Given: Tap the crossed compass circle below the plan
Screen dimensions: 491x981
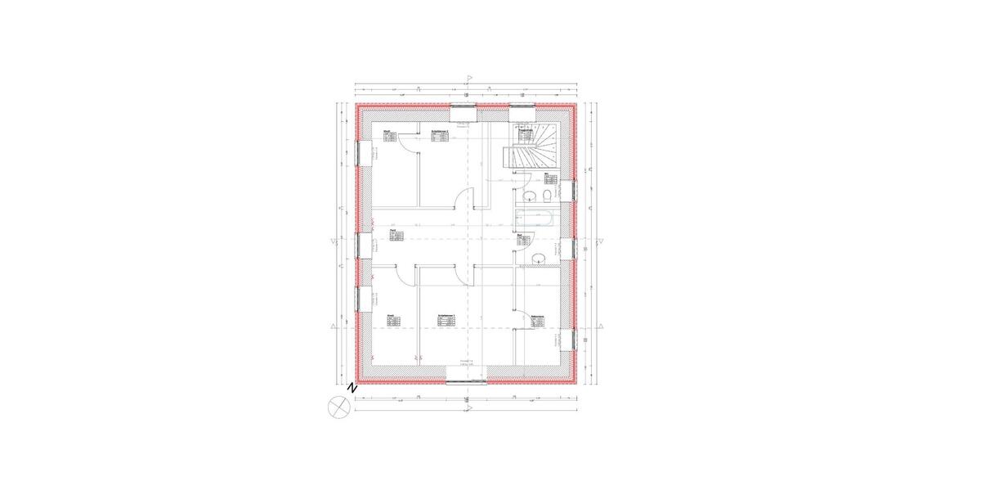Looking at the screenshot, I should pyautogui.click(x=338, y=406).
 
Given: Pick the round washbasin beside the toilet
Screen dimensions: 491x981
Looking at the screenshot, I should pyautogui.click(x=529, y=196).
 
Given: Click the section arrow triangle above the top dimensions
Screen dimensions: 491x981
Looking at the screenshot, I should pyautogui.click(x=468, y=79).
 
